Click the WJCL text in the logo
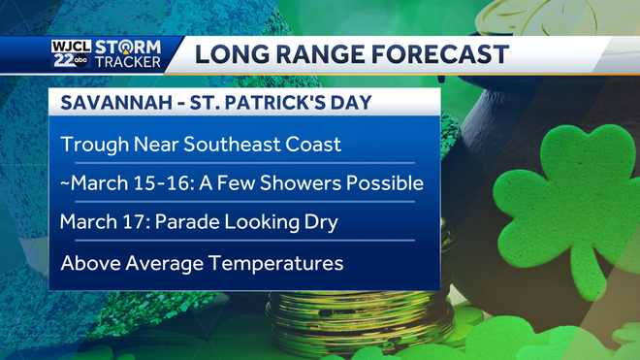point(73,46)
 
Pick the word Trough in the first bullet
point(91,145)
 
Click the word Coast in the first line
point(314,145)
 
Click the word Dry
point(316,222)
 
